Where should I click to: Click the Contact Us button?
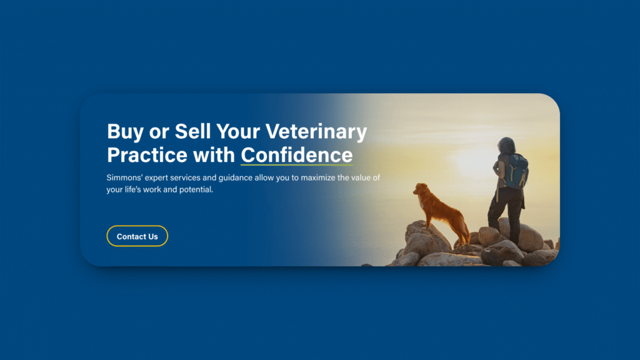point(137,236)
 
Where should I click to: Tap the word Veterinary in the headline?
point(316,131)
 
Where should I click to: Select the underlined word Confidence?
point(297,155)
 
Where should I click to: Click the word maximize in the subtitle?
point(318,177)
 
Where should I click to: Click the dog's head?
point(421,189)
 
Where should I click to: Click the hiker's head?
point(506,145)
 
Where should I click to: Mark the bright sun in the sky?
point(474,161)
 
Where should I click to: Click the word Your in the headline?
point(238,131)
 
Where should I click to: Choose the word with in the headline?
point(214,155)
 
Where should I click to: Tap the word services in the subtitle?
point(186,177)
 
